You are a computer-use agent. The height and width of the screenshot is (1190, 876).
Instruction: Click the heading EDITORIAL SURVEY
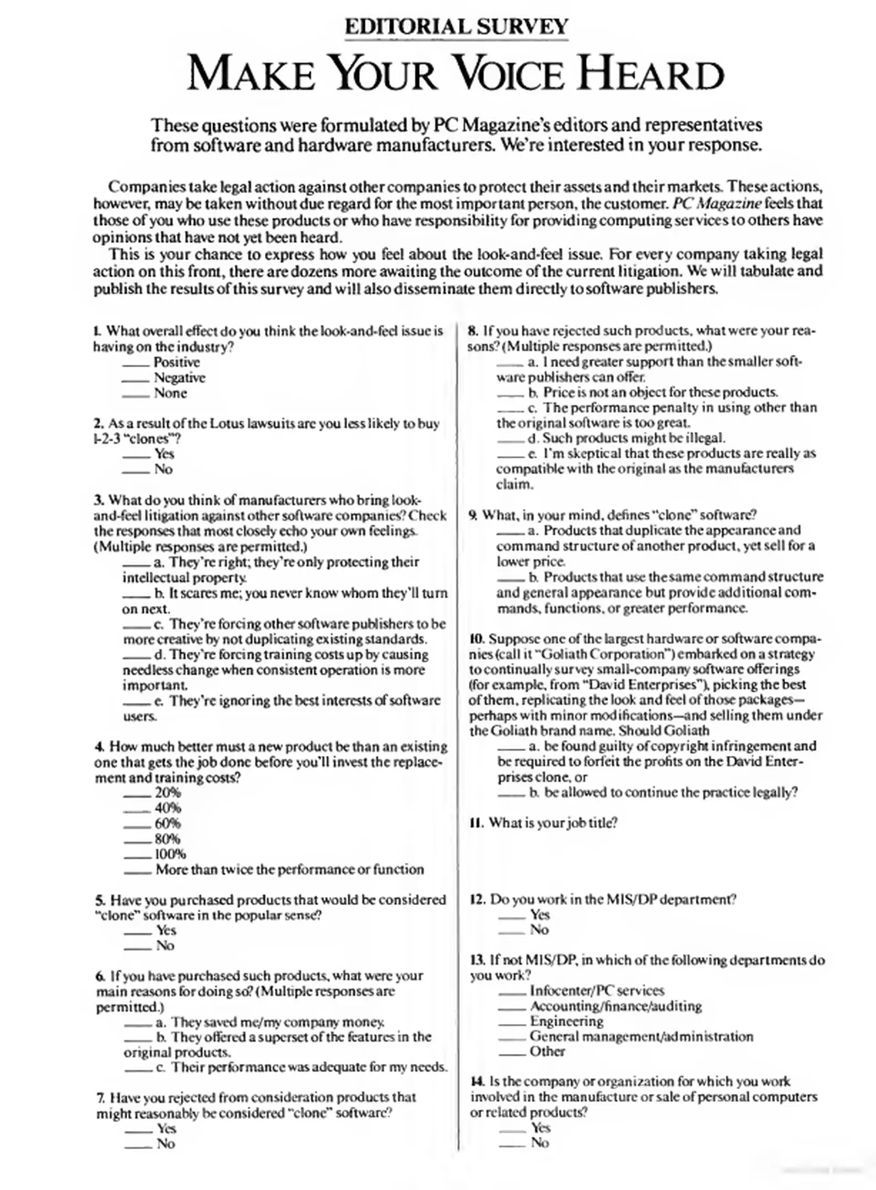(456, 26)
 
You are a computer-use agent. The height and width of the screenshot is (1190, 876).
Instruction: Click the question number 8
(473, 331)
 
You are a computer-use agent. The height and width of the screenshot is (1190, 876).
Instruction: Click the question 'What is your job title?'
(553, 823)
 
